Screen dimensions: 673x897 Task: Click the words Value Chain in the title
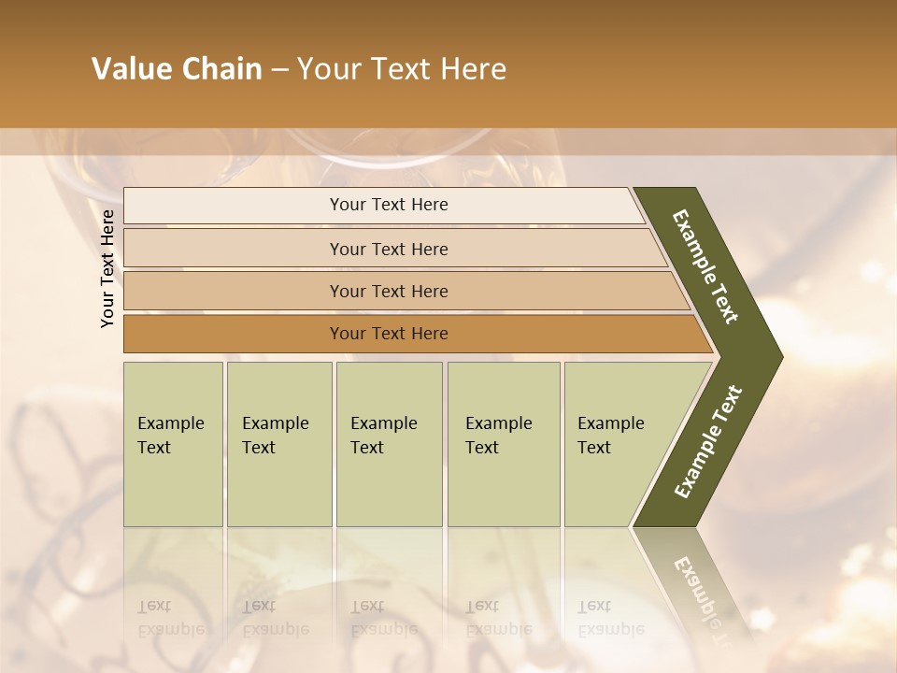177,69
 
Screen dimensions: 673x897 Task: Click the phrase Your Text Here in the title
402,69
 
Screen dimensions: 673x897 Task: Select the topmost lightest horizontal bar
389,205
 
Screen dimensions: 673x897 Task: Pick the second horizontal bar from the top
389,249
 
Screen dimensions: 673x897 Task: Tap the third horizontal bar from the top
389,291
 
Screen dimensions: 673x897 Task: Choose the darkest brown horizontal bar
389,334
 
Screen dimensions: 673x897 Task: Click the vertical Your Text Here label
107,268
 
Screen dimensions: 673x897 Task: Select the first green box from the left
173,444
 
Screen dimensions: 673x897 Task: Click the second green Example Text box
278,444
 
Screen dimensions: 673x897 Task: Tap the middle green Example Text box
389,444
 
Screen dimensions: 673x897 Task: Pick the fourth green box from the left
503,444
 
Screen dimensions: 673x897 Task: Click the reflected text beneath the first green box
171,618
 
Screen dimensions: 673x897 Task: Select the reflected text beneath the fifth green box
611,618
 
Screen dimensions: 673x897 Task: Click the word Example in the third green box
383,423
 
